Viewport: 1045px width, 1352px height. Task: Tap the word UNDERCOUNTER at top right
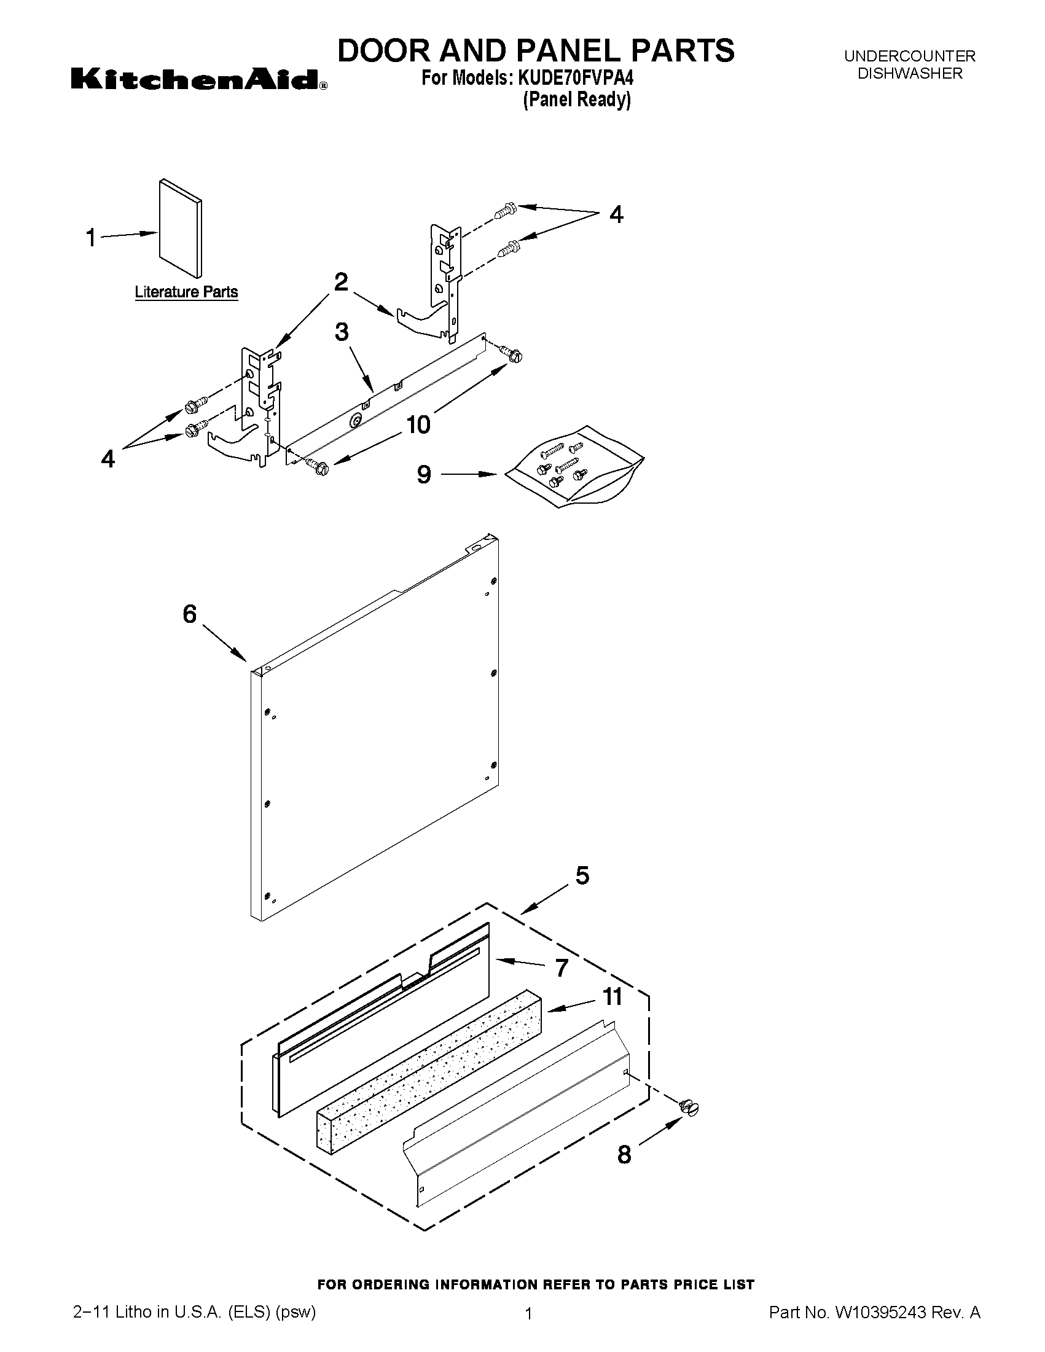pos(909,57)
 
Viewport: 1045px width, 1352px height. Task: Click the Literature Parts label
pos(186,292)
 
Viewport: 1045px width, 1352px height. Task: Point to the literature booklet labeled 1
pos(180,229)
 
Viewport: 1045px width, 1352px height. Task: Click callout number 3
pos(342,332)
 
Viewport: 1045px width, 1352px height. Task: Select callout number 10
pos(418,424)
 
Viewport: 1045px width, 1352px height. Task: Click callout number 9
pos(423,474)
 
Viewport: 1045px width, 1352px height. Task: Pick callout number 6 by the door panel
pos(189,614)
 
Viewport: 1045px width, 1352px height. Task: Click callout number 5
pos(582,875)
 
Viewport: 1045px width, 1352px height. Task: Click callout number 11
pos(613,997)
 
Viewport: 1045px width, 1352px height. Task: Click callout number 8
pos(624,1155)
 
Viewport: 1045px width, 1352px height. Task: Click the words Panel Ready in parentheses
pos(577,100)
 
